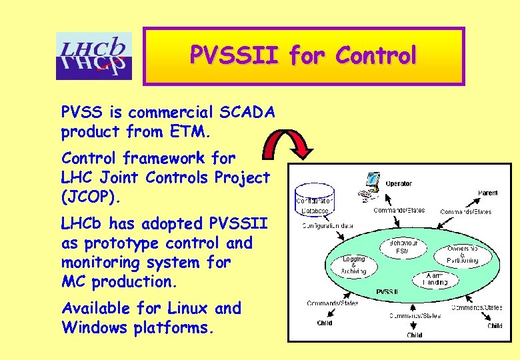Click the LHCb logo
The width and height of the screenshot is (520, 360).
(x=94, y=56)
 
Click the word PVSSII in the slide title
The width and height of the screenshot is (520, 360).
(x=235, y=55)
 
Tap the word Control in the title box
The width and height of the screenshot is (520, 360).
(x=376, y=55)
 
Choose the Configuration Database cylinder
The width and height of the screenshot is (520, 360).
(x=315, y=198)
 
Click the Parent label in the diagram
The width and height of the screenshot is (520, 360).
(x=487, y=193)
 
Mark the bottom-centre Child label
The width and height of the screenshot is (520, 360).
(x=414, y=335)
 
